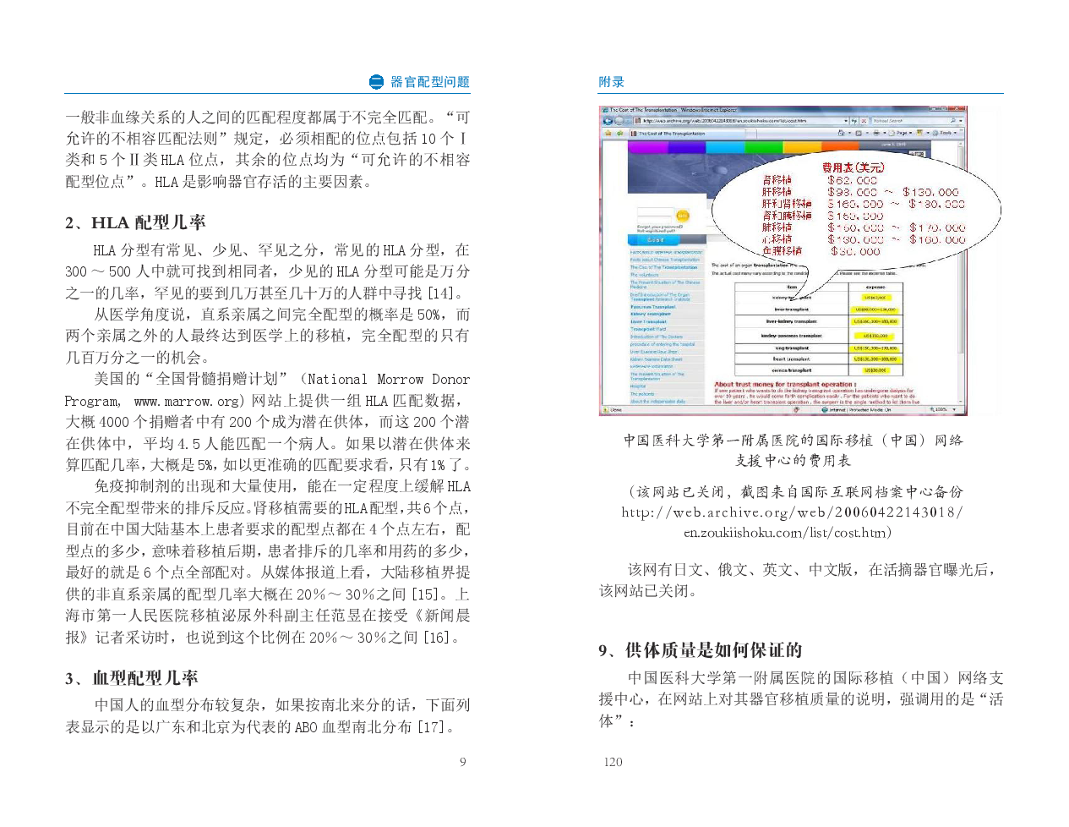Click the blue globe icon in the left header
click(x=377, y=82)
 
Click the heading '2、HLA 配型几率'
click(x=136, y=222)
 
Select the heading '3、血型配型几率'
click(x=132, y=678)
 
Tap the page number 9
click(x=462, y=762)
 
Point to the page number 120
click(x=613, y=762)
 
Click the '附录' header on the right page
click(x=611, y=82)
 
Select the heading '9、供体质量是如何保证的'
click(x=700, y=650)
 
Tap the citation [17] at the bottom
click(x=433, y=727)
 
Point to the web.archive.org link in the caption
click(x=792, y=512)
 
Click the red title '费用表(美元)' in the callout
click(x=854, y=167)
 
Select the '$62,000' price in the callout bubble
click(x=853, y=180)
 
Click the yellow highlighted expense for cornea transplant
click(x=875, y=370)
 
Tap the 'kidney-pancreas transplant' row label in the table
click(x=791, y=336)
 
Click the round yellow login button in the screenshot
click(x=682, y=216)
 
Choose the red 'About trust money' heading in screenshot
click(x=772, y=384)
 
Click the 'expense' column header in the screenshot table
click(x=875, y=288)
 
